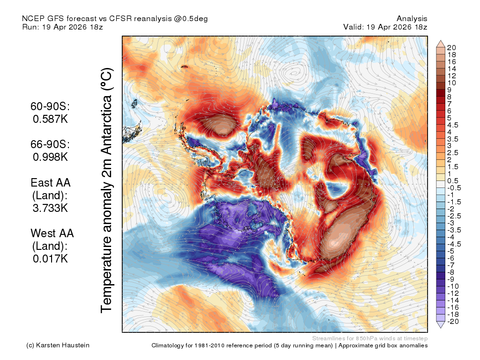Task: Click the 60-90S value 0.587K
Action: pos(50,119)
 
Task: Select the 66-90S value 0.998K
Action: pos(50,157)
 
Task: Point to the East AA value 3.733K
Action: pos(50,208)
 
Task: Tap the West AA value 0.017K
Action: pos(50,259)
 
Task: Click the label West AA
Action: pos(52,233)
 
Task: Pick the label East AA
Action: pos(51,183)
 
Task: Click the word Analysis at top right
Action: pos(412,19)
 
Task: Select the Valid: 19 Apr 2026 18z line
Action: pos(385,27)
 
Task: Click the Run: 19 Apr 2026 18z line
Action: pos(62,27)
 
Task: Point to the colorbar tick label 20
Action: pos(451,48)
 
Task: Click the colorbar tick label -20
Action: pos(453,322)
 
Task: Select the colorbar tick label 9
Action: pos(449,90)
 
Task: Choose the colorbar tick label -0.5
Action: pos(454,188)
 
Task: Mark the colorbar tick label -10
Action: pos(453,286)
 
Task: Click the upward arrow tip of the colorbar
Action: pos(441,40)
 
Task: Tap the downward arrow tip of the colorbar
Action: pos(441,328)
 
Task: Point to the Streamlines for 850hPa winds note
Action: pos(370,338)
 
